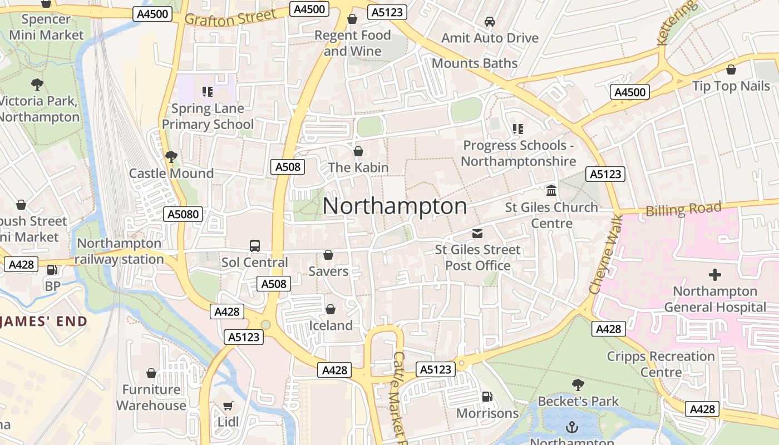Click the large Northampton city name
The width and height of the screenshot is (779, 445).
point(395,206)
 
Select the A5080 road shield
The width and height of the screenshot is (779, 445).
point(183,214)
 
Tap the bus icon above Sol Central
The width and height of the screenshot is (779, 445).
point(255,246)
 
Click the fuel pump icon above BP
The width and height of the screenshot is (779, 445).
point(52,270)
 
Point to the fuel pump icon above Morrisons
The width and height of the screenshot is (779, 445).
point(487,397)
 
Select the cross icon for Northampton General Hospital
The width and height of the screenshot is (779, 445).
point(714,275)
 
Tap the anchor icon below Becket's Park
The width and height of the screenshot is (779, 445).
point(571,427)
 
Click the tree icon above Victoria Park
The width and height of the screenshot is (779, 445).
point(37,85)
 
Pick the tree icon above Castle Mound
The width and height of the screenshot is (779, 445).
point(171,157)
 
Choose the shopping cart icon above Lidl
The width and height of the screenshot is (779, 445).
point(228,406)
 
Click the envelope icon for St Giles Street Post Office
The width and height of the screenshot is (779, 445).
point(477,233)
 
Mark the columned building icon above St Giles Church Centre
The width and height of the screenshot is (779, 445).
point(551,191)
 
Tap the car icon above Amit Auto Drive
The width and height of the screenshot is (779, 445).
point(490,22)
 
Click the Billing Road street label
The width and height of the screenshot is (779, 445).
point(683,210)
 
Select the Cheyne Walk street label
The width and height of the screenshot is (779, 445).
point(604,255)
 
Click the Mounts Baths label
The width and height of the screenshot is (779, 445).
point(475,63)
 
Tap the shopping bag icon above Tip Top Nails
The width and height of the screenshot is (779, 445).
point(731,70)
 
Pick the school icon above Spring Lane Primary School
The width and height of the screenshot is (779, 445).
point(207,92)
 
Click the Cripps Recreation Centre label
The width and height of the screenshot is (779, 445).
point(660,364)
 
